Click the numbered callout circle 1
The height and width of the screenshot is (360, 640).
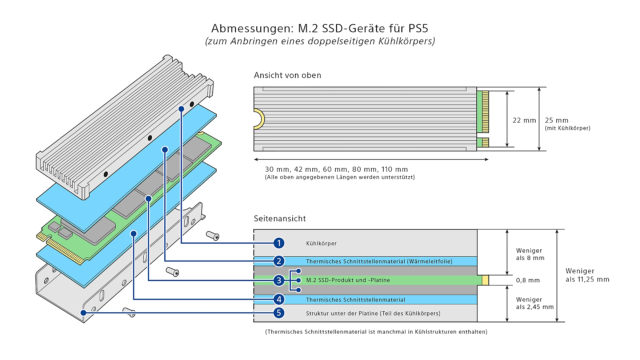[x=279, y=243]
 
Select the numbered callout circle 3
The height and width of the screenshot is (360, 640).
[x=279, y=280]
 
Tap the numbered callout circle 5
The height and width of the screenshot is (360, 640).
[x=279, y=313]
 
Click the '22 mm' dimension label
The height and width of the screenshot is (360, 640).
[x=524, y=120]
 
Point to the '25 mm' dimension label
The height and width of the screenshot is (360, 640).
[x=556, y=120]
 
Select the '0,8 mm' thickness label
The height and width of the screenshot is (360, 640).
[x=528, y=280]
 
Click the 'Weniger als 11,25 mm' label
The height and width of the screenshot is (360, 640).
[x=587, y=275]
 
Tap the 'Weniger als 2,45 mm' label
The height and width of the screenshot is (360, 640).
[x=534, y=303]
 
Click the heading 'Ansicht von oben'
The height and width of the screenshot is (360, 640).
[x=287, y=75]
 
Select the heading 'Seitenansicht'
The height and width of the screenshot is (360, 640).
[x=280, y=219]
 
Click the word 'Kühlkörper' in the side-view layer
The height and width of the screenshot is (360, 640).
[x=321, y=243]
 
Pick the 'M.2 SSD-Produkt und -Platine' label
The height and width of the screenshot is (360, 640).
[x=348, y=280]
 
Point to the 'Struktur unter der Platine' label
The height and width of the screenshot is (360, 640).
[x=373, y=313]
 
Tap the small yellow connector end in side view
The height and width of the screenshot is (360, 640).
[x=485, y=280]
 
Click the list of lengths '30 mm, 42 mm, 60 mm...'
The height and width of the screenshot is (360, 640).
[x=336, y=169]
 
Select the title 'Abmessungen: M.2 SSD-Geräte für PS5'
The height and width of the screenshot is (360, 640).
[x=320, y=28]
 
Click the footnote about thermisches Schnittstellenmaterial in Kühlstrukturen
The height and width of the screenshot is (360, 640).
[x=376, y=332]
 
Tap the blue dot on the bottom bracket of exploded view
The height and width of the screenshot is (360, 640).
[x=83, y=313]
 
